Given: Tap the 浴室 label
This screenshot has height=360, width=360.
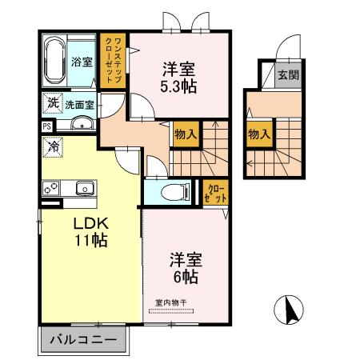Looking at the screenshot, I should pyautogui.click(x=81, y=62).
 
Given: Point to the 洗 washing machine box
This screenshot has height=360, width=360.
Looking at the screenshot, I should pyautogui.click(x=52, y=104).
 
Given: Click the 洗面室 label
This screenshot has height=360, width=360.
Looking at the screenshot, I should pyautogui.click(x=80, y=105).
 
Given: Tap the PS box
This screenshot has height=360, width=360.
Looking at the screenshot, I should pyautogui.click(x=47, y=125).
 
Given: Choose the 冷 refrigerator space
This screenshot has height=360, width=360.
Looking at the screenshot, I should pyautogui.click(x=52, y=148).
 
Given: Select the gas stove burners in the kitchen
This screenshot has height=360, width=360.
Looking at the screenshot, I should pyautogui.click(x=51, y=189).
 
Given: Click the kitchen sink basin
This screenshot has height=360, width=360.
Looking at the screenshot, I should pyautogui.click(x=84, y=189).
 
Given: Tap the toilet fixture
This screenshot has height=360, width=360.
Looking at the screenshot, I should pyautogui.click(x=170, y=192).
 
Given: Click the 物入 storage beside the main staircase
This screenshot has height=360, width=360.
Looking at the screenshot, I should pyautogui.click(x=186, y=134).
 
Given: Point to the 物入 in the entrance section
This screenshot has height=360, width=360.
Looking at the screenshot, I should pyautogui.click(x=257, y=134).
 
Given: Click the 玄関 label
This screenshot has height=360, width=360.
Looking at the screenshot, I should pyautogui.click(x=287, y=76).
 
